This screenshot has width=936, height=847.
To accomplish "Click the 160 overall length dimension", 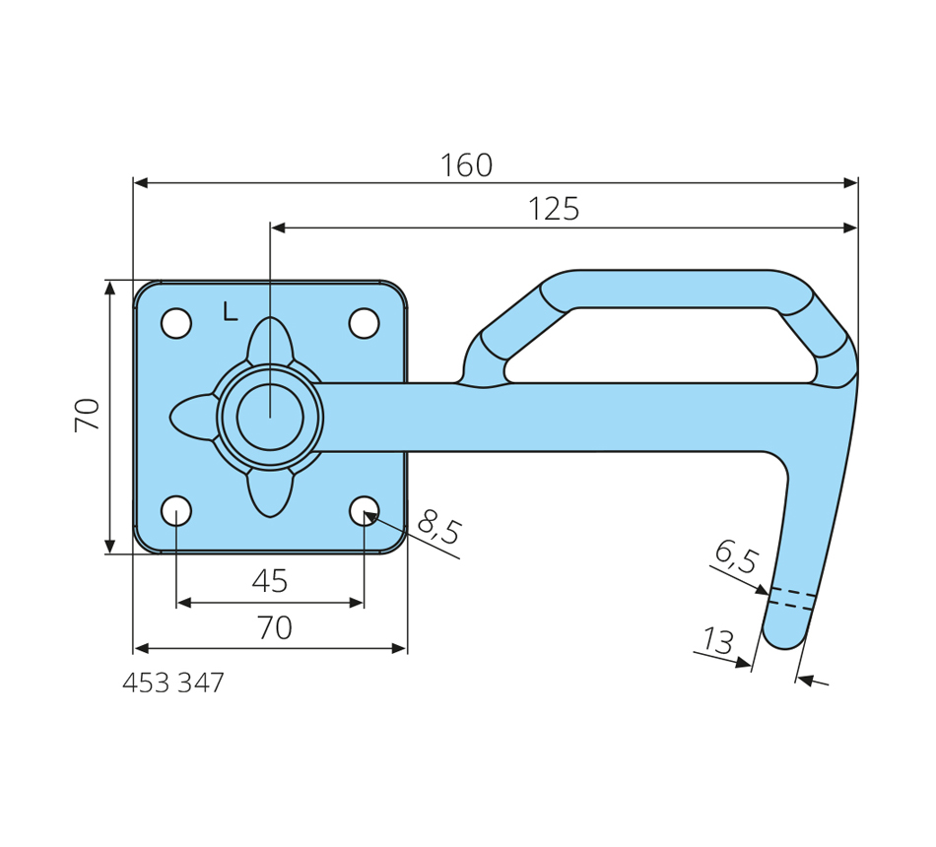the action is [x=466, y=165].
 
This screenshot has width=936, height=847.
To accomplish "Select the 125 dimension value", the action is [x=554, y=209].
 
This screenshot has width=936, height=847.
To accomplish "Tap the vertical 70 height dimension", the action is [x=88, y=416].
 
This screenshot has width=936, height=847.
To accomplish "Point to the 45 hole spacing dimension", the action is [x=270, y=581].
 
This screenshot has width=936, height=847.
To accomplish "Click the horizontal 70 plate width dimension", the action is [x=275, y=628].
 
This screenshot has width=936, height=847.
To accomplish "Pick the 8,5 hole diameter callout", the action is [x=439, y=528].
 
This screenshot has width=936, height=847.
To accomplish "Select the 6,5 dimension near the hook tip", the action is [x=737, y=556].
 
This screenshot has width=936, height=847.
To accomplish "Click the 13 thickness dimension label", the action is [x=718, y=641].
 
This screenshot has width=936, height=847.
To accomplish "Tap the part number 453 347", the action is [x=173, y=683].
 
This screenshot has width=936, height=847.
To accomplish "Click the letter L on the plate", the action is [x=231, y=311].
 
